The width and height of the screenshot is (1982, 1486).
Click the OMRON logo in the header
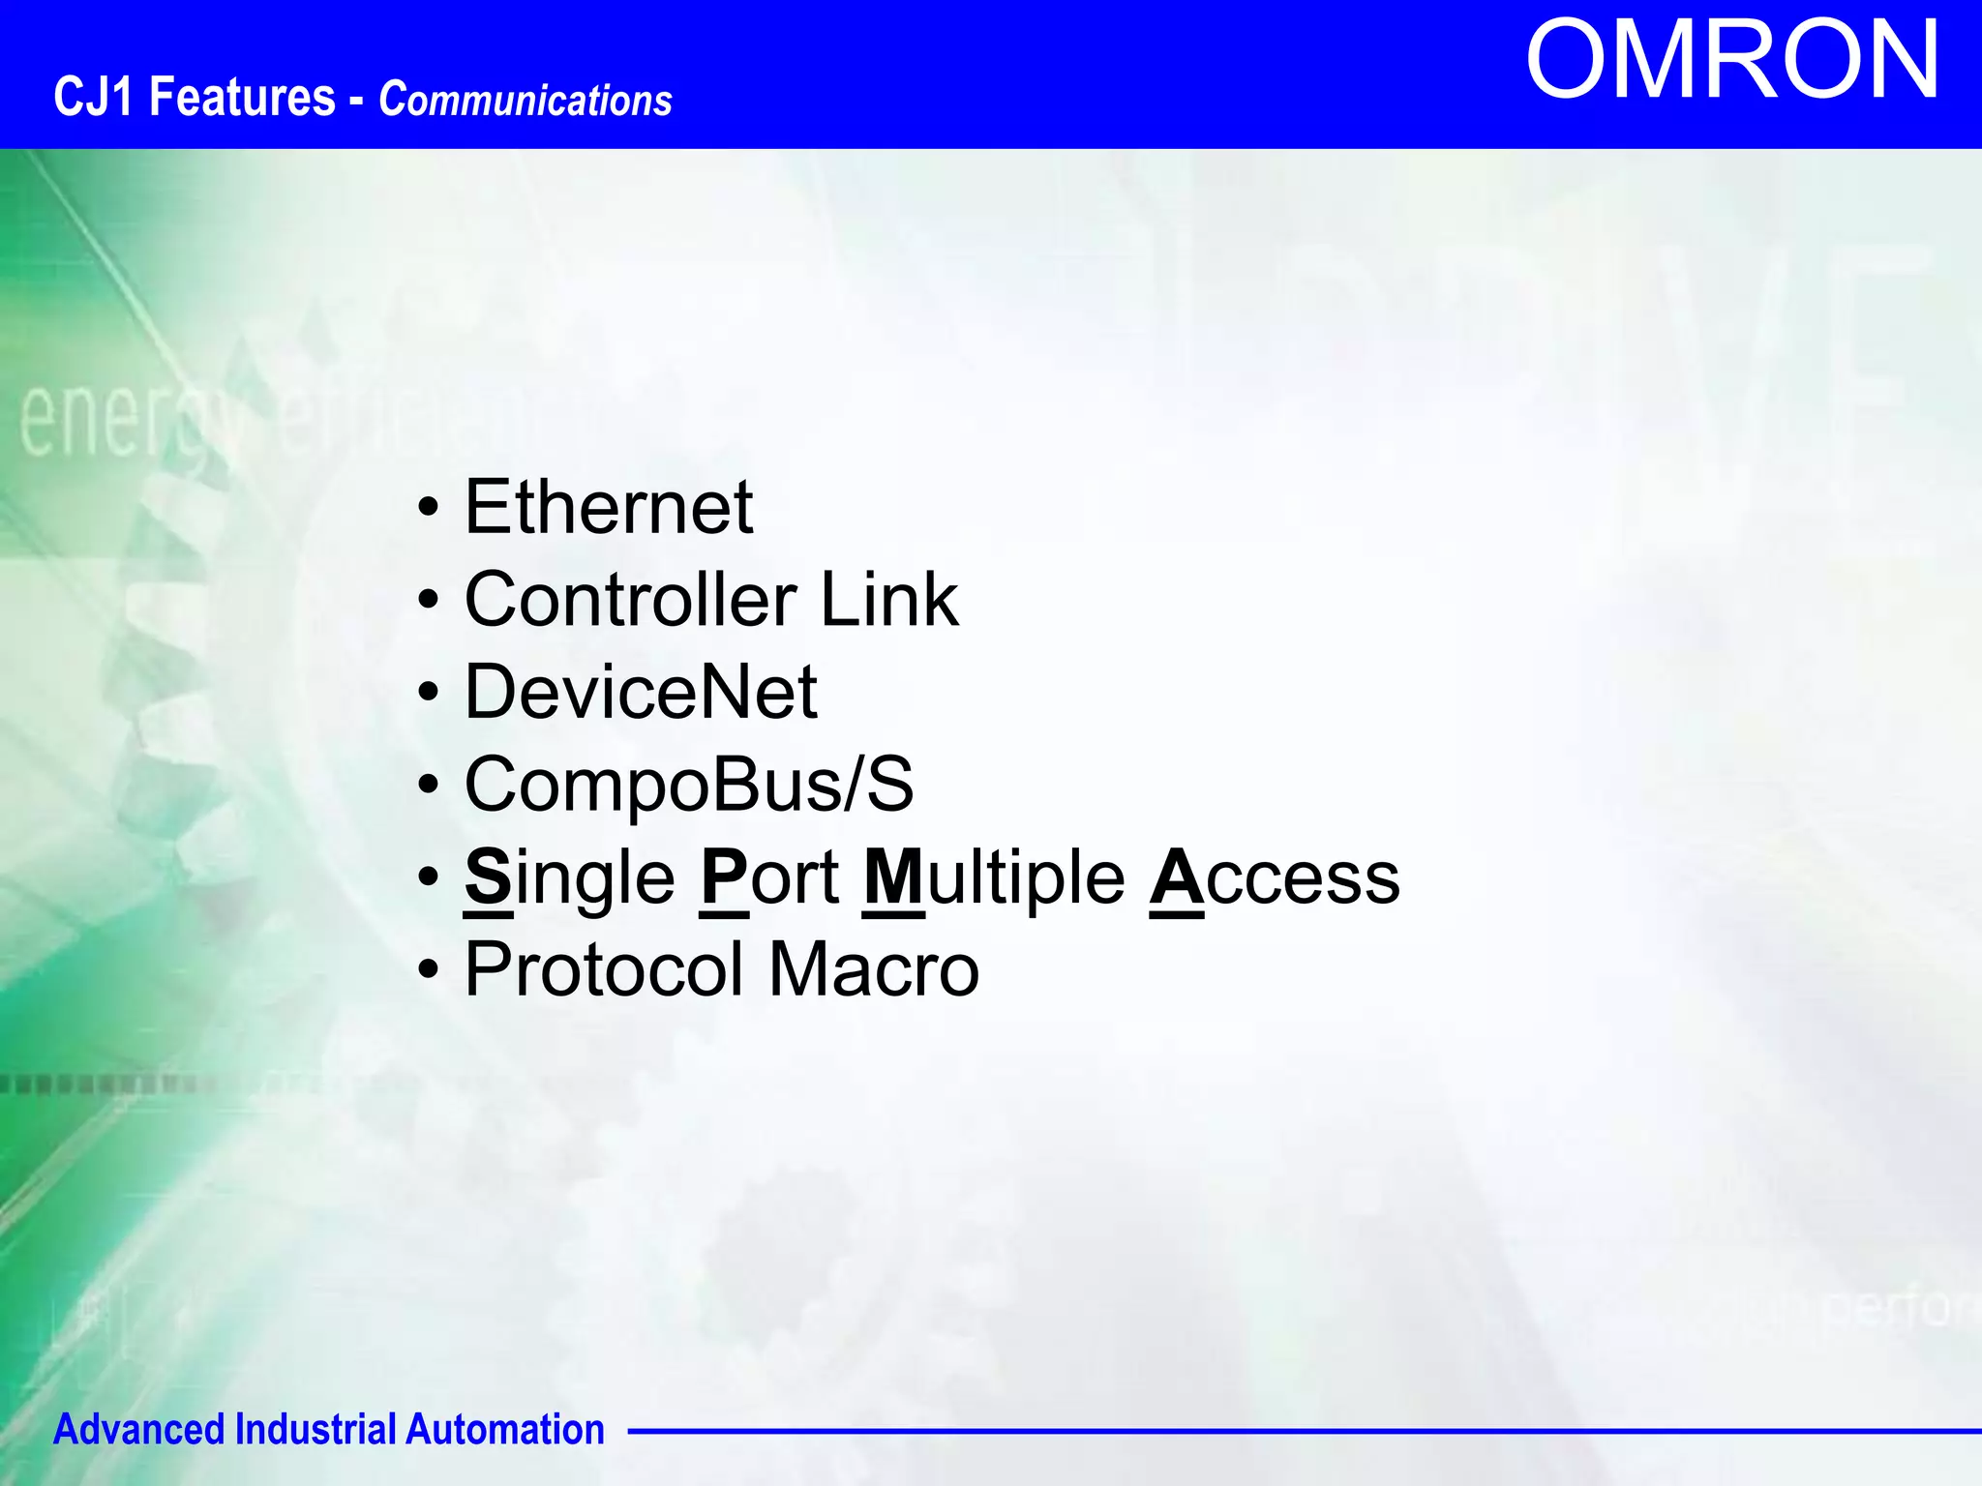(1732, 61)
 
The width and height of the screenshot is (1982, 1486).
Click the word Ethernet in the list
(609, 507)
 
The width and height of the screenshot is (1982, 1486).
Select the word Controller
(631, 600)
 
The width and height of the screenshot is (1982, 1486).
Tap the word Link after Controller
(889, 600)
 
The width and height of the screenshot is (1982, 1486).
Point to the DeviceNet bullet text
(641, 692)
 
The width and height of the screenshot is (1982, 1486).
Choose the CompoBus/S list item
(689, 785)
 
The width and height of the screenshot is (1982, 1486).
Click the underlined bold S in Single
(488, 877)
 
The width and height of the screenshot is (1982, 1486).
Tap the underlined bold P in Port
(724, 877)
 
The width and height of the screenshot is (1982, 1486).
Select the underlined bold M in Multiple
(893, 877)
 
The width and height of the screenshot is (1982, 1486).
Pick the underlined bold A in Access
(1177, 877)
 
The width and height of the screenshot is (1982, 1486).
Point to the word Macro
(874, 969)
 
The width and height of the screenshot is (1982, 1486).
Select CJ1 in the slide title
(93, 98)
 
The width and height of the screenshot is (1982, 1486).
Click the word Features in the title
(242, 98)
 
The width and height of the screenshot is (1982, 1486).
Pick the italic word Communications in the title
(526, 101)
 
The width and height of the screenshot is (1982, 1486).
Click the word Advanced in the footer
(138, 1430)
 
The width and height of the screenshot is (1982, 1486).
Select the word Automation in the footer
(504, 1430)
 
